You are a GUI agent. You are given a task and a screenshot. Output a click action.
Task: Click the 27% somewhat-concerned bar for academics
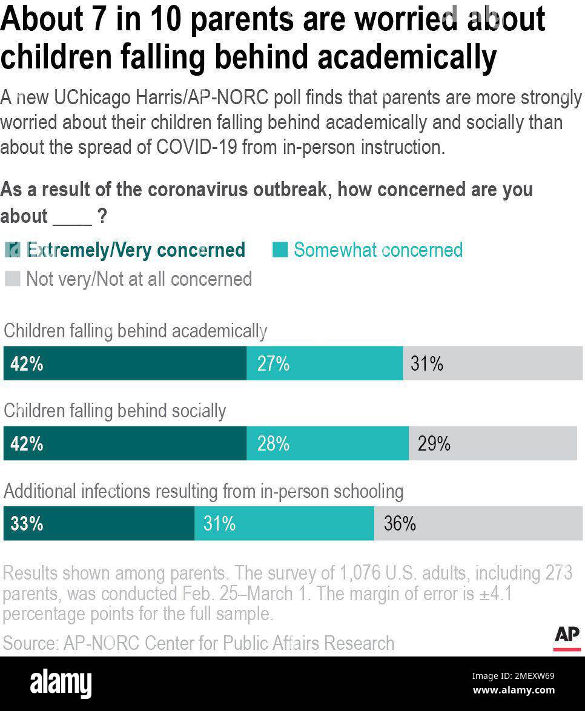point(325,363)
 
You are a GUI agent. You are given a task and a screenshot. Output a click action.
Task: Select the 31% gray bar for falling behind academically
point(492,363)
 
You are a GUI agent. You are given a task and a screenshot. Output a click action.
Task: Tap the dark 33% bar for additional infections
point(99,523)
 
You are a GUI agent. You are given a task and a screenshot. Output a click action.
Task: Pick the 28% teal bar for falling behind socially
point(328,443)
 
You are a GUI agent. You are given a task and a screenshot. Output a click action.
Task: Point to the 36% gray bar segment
point(478,523)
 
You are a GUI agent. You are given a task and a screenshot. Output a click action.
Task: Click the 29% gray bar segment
point(493,443)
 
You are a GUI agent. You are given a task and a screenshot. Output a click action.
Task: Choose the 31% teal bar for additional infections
point(284,523)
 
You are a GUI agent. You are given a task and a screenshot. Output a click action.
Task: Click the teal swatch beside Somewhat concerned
point(280,250)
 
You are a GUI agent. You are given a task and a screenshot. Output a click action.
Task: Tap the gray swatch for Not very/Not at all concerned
point(12,279)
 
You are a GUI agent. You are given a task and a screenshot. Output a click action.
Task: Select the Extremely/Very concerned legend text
point(136,250)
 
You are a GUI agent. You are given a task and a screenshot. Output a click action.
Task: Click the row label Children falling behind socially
point(115,411)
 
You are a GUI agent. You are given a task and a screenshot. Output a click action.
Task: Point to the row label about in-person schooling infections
point(203,491)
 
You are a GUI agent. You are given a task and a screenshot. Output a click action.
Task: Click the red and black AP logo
point(567,638)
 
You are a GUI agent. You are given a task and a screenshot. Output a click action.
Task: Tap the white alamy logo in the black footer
point(61,683)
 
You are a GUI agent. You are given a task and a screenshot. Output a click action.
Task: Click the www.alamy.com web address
point(514,690)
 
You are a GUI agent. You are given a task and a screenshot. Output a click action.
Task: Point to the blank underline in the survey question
point(72,217)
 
